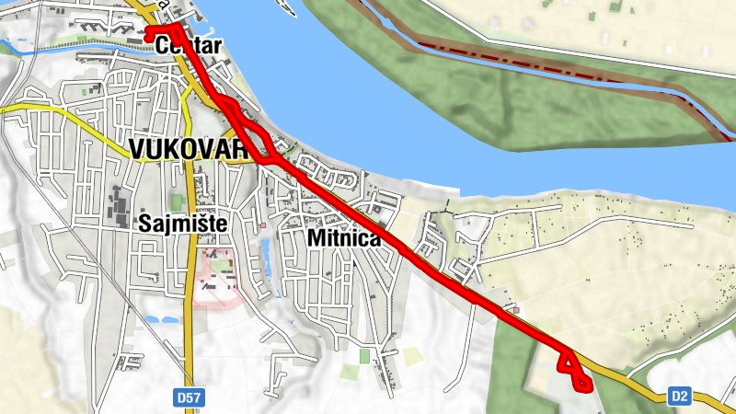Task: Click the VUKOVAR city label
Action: point(189,149)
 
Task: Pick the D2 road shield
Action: point(679,397)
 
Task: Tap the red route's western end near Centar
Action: point(149,29)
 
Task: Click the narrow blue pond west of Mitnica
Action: point(266,252)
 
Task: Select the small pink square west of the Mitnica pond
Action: point(262,224)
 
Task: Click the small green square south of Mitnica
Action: point(364,355)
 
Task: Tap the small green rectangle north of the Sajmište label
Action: point(177,201)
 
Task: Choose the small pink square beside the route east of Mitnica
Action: point(517,309)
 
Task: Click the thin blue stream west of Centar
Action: point(55,48)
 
